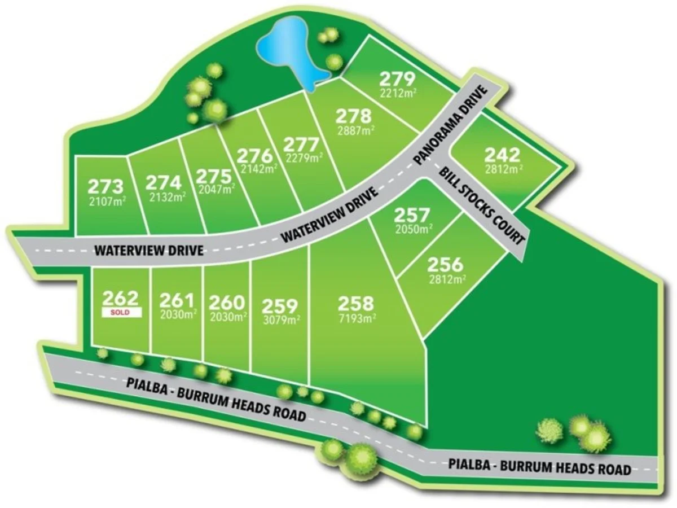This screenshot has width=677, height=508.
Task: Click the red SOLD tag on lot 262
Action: pos(121,312)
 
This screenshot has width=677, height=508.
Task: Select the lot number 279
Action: pos(397,78)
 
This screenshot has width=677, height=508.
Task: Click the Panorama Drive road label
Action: pos(449,125)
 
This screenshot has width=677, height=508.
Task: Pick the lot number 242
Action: pos(503,155)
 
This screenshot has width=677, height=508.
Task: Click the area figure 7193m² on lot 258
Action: pos(357,318)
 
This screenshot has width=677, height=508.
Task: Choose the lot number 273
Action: pos(105,186)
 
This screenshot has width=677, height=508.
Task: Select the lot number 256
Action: pos(445,264)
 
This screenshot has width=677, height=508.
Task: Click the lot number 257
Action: pos(412,214)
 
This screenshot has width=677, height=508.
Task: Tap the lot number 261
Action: pos(177,300)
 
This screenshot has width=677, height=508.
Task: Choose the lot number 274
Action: pos(164,182)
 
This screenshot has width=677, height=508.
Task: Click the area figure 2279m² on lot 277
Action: pos(305,157)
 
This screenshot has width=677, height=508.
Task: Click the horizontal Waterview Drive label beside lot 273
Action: pos(148,249)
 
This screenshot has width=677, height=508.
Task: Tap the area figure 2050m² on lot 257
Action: pos(413,229)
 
